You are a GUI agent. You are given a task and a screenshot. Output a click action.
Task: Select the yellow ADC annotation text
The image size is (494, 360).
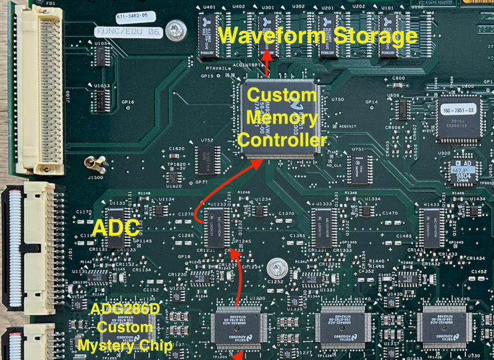pyautogui.click(x=115, y=228)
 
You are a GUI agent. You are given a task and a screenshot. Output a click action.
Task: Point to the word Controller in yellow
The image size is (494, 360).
pyautogui.click(x=282, y=141)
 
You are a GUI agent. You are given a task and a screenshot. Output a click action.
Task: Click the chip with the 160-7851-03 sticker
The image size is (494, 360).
pyautogui.click(x=458, y=118)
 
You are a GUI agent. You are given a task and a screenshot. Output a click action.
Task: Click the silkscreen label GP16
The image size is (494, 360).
pyautogui.click(x=127, y=101)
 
